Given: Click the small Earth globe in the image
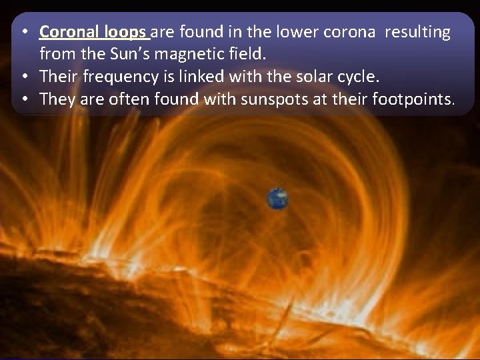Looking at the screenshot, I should [277, 198].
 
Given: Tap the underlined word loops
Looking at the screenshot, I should [127, 32].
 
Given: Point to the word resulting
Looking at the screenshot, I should [419, 32].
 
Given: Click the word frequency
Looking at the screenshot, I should [120, 77].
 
